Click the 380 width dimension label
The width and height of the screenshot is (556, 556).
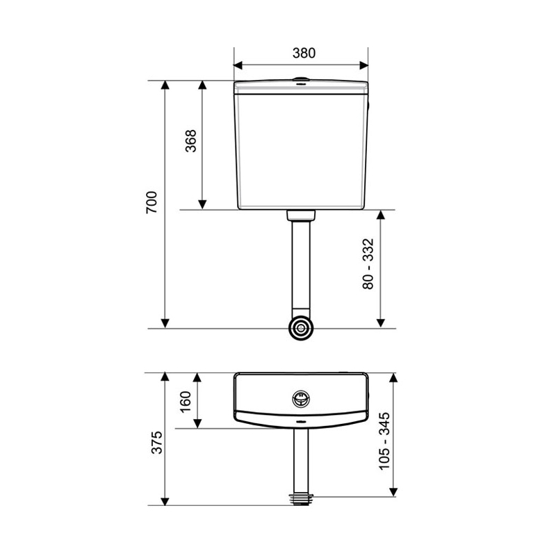click(304, 53)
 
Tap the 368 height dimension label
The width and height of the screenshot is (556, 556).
click(190, 141)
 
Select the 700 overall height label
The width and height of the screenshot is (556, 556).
click(152, 202)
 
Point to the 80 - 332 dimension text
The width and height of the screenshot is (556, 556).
click(368, 264)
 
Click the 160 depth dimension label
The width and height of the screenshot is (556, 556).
click(186, 402)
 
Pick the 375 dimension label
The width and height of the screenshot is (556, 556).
click(156, 442)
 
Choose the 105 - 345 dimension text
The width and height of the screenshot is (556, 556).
click(384, 441)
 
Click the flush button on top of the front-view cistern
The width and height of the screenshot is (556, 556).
click(301, 78)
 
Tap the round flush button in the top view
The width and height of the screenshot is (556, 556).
click(301, 399)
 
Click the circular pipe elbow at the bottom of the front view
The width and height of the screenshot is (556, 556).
click(301, 328)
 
